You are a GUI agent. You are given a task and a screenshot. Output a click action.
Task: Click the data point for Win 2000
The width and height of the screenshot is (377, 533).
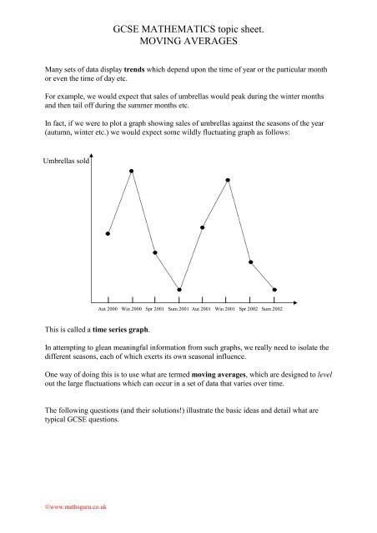click(x=132, y=171)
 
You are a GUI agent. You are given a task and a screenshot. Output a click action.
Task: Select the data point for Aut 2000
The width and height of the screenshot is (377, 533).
click(x=108, y=234)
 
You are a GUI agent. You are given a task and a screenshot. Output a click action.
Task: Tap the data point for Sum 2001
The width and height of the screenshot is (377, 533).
click(x=179, y=290)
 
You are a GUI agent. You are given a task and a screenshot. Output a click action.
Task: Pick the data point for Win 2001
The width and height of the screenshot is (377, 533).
click(x=227, y=180)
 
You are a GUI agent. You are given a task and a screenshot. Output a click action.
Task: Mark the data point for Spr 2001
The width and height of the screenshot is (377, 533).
click(x=155, y=252)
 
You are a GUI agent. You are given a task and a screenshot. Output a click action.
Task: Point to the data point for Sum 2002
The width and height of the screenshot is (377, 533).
click(x=274, y=290)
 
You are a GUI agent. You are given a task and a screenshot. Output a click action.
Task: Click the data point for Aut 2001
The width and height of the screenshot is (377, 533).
click(x=203, y=227)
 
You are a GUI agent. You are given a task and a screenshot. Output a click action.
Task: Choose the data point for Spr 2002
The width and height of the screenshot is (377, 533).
click(x=250, y=263)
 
